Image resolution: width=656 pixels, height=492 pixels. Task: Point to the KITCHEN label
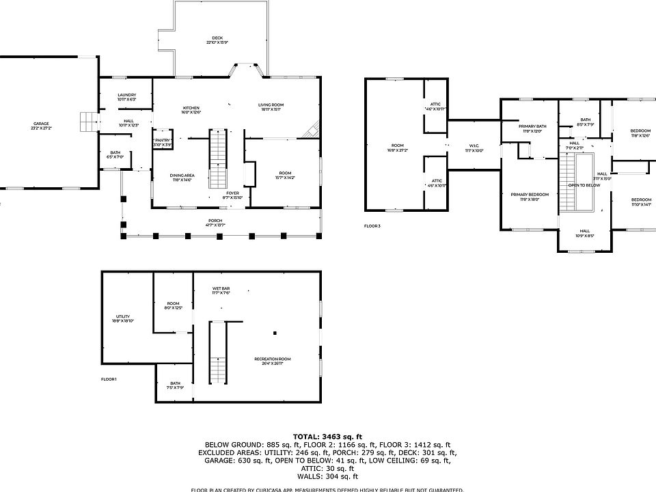[x=191, y=109]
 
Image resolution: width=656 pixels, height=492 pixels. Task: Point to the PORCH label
[x=216, y=222]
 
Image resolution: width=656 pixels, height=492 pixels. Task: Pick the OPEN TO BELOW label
[x=584, y=185]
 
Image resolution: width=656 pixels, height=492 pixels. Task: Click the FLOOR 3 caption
[x=372, y=225]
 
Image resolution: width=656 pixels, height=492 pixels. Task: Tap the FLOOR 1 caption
[x=109, y=379]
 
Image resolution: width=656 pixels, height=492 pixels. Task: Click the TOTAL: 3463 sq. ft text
[x=327, y=435]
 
